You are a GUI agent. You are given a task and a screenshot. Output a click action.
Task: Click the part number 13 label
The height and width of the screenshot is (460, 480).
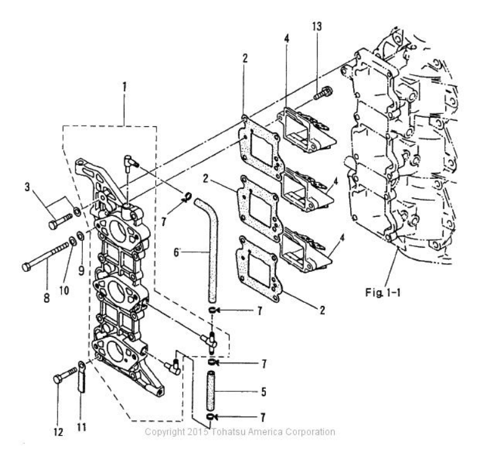(317, 27)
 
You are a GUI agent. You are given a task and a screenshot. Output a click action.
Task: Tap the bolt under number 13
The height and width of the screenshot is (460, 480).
(324, 92)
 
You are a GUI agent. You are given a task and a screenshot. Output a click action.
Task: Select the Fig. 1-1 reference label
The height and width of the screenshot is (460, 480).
(383, 292)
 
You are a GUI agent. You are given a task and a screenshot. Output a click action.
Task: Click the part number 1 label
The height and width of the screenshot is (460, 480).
(124, 87)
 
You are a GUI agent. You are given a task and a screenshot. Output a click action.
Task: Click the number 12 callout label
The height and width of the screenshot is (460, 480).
(58, 432)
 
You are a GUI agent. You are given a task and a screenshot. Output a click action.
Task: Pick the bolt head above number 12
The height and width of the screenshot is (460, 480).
(58, 380)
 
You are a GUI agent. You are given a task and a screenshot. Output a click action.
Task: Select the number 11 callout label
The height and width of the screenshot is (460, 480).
(82, 427)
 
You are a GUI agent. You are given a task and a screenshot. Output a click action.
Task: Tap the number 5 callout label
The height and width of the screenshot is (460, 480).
(264, 392)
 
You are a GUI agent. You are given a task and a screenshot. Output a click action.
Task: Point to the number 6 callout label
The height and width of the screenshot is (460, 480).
(177, 253)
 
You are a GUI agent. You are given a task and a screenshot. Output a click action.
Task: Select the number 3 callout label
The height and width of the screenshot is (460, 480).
(27, 187)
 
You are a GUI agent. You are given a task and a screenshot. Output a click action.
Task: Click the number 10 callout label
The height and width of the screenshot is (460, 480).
(64, 290)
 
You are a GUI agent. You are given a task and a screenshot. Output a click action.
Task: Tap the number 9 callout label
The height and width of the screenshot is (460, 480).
(81, 271)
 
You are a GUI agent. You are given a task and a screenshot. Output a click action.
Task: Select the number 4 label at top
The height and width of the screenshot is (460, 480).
(286, 39)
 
